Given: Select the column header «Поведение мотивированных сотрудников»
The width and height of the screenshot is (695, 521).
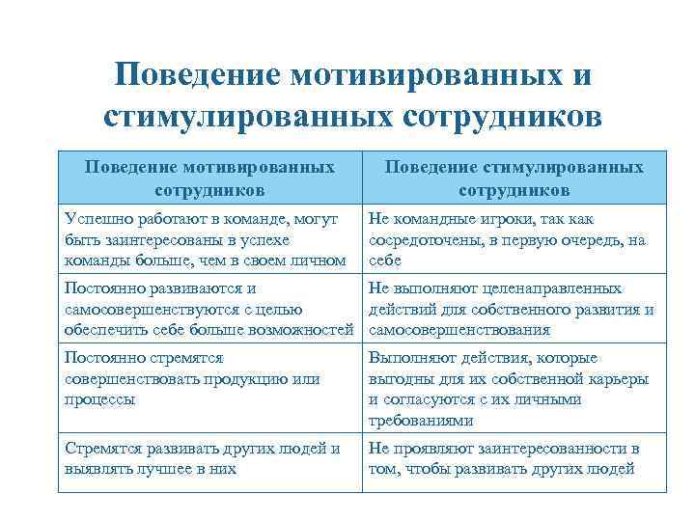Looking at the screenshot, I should pos(209,178).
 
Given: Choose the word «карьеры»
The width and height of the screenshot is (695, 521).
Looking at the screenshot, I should pos(616,378).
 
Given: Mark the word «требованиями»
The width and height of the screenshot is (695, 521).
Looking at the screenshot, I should pos(421,420).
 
